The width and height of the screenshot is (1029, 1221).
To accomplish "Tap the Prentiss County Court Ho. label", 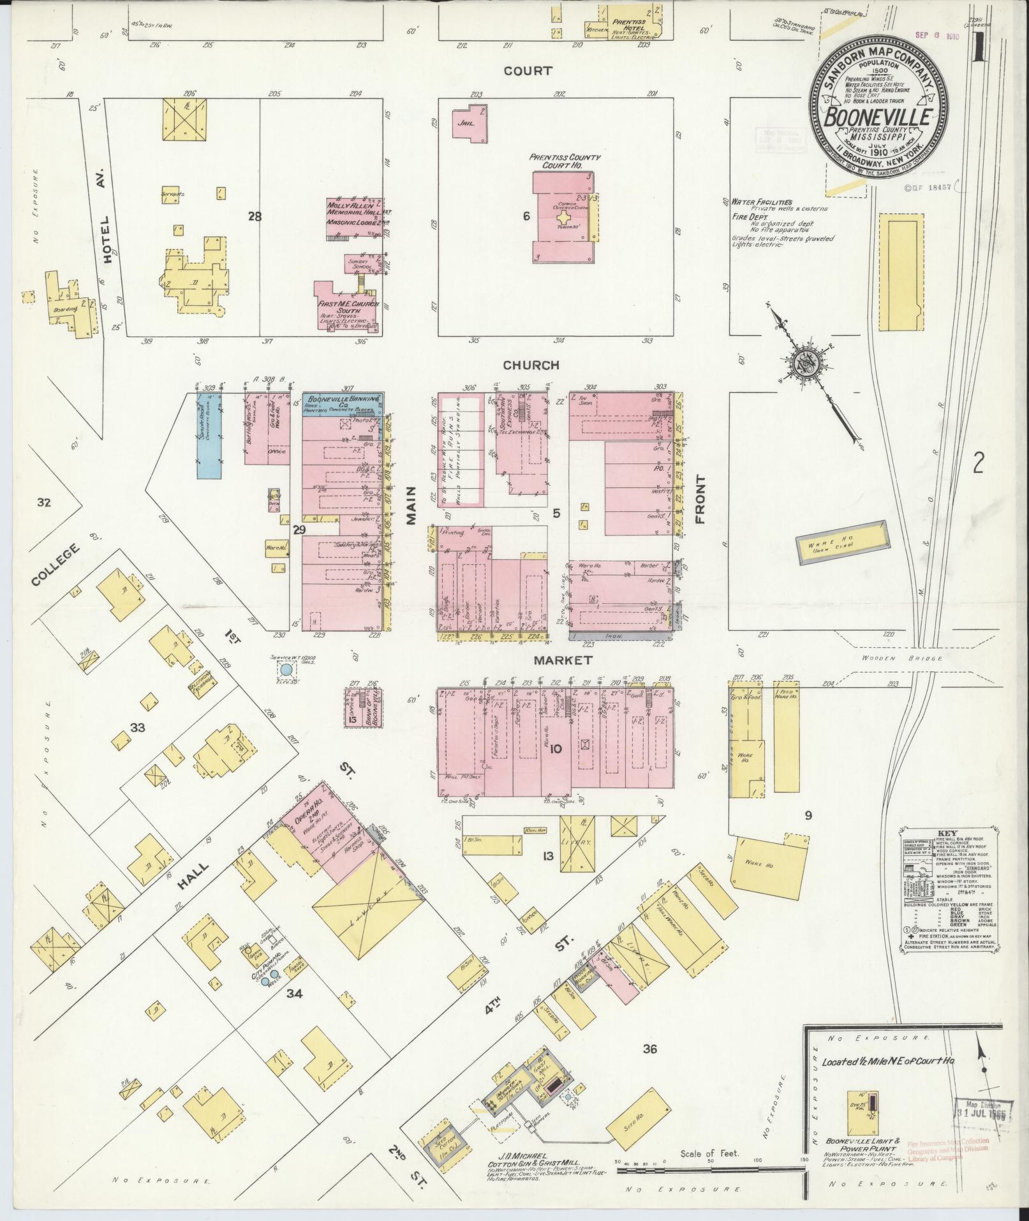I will pyautogui.click(x=563, y=160).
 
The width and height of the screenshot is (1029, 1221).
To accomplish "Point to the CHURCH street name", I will pyautogui.click(x=531, y=365).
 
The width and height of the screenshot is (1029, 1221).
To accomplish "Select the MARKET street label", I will pyautogui.click(x=563, y=660).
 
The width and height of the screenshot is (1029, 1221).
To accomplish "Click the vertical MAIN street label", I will pyautogui.click(x=411, y=506).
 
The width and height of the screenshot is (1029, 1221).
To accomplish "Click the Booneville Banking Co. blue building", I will pyautogui.click(x=342, y=404).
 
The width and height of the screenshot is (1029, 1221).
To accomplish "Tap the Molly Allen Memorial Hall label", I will pyautogui.click(x=354, y=210).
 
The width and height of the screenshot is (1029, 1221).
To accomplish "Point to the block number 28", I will pyautogui.click(x=255, y=217).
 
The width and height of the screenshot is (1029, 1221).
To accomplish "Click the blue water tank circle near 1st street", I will pyautogui.click(x=286, y=670).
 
